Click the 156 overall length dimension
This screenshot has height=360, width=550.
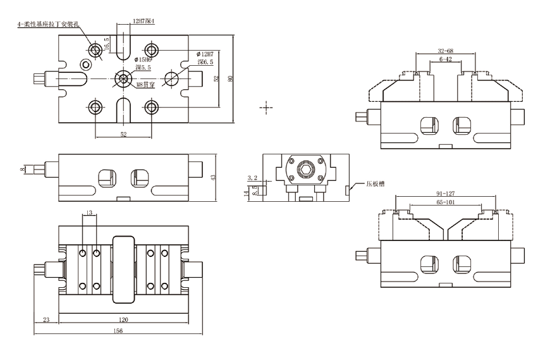click(x=118, y=331)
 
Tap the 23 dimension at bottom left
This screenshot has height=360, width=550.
click(x=46, y=320)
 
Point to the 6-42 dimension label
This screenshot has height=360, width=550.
click(x=445, y=59)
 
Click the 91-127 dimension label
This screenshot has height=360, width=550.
click(x=445, y=194)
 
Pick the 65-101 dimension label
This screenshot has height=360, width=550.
click(x=445, y=202)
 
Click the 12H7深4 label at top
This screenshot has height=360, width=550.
click(x=144, y=22)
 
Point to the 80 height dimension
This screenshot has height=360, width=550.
click(x=231, y=78)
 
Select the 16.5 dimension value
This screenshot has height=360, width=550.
click(x=107, y=44)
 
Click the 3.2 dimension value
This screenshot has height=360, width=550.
click(x=252, y=178)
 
